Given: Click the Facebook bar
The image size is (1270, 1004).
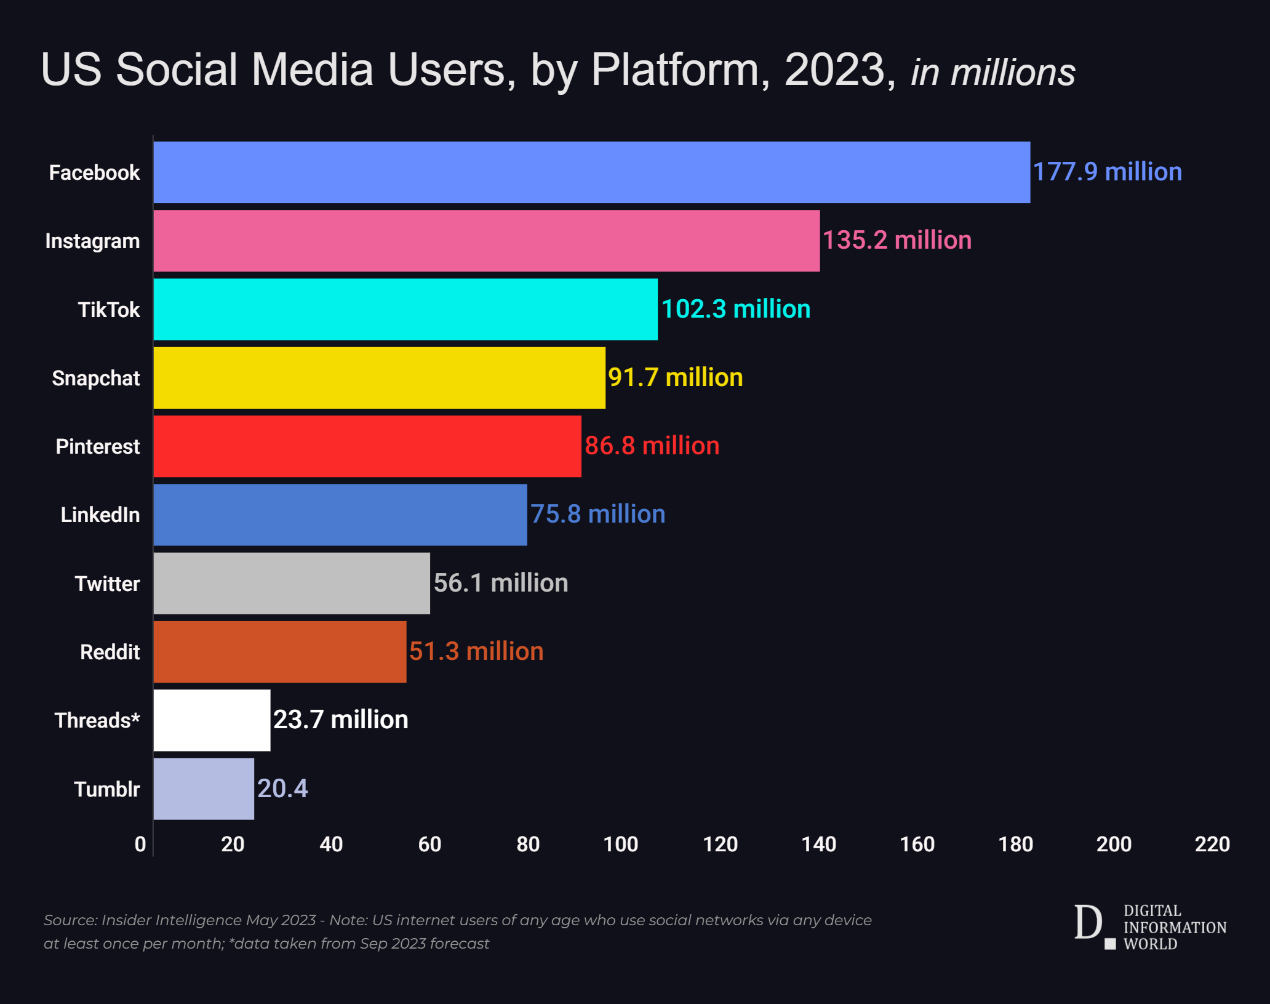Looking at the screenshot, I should [591, 172].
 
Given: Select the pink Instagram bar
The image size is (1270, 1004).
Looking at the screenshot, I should [486, 241].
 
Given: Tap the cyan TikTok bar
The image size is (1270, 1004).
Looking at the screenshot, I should [405, 309].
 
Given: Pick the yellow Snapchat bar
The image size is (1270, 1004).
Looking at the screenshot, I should [379, 377].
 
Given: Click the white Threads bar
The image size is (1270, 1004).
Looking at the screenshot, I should [212, 720].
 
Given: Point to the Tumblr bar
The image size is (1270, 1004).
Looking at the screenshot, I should [204, 789].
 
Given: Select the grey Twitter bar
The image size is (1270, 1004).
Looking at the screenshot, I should [292, 583].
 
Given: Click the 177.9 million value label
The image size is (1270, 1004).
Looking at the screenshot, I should [1107, 172].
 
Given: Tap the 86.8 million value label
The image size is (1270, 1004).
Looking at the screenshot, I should [652, 446].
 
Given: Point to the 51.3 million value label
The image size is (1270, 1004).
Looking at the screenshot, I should [476, 651].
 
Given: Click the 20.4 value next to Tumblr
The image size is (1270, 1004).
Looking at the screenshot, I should [282, 789].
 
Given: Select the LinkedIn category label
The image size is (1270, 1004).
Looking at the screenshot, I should [100, 515].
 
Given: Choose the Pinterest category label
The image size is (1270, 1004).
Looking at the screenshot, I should [98, 446].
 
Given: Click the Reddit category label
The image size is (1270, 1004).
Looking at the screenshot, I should [110, 652].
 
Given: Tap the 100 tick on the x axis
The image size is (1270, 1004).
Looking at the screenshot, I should [621, 844].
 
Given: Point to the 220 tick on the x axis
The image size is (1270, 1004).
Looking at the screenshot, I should [1212, 844].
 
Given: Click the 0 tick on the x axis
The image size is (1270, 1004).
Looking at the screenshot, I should [140, 844].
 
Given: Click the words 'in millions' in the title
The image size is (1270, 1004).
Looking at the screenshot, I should [992, 73].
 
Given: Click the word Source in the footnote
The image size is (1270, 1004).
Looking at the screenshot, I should [70, 920].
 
